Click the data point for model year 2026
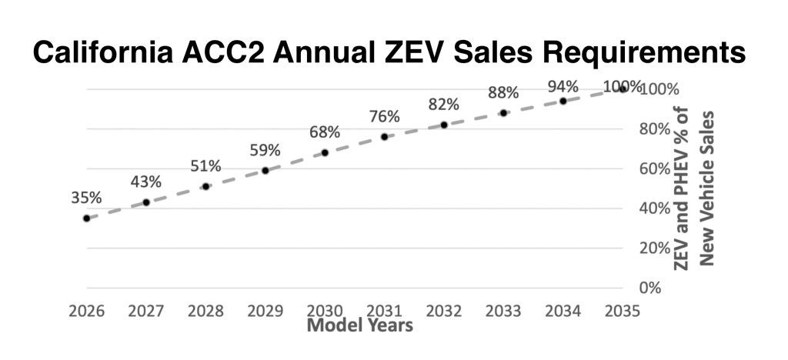point(86,218)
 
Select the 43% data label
point(145,182)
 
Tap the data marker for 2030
point(325,152)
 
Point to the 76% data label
point(384,117)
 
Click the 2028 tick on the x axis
point(205,312)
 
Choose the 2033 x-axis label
point(503,312)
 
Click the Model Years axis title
point(360,325)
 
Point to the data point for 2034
point(563,101)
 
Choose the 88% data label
point(503,92)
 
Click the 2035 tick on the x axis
point(623,312)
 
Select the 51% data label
point(205,166)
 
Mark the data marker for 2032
point(444,125)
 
